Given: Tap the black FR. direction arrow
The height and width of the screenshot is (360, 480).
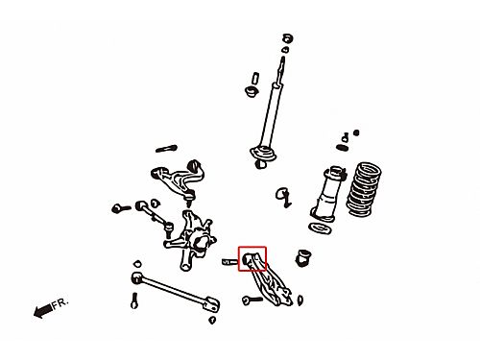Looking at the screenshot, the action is pos(43,310).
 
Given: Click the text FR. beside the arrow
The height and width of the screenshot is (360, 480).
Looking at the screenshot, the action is pos(60,302).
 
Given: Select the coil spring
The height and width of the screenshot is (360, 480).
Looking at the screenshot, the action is pos(365,189).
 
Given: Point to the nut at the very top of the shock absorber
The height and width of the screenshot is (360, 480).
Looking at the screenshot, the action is pos(288,38).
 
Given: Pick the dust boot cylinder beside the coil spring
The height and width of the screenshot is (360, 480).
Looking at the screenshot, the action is pos(327,194).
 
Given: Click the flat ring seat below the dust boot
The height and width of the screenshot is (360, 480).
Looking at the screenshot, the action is pos(320,228).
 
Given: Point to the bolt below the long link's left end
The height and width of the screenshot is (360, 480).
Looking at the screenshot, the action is pos(134,300).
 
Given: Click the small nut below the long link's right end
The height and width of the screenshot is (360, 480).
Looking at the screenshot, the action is pos(212,320).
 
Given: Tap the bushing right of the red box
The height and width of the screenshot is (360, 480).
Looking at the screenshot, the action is pos(303,258).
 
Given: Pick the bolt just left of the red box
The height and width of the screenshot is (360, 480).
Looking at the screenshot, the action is pos(229,262).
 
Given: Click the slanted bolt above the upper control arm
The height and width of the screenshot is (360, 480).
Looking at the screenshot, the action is pos(166,149).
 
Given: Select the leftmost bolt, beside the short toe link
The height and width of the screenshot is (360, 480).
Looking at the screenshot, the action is pos(121,208).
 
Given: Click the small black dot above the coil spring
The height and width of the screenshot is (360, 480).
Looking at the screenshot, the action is pos(356,132).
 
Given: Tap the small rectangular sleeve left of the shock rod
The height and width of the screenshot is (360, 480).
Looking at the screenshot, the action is pos(255,79).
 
